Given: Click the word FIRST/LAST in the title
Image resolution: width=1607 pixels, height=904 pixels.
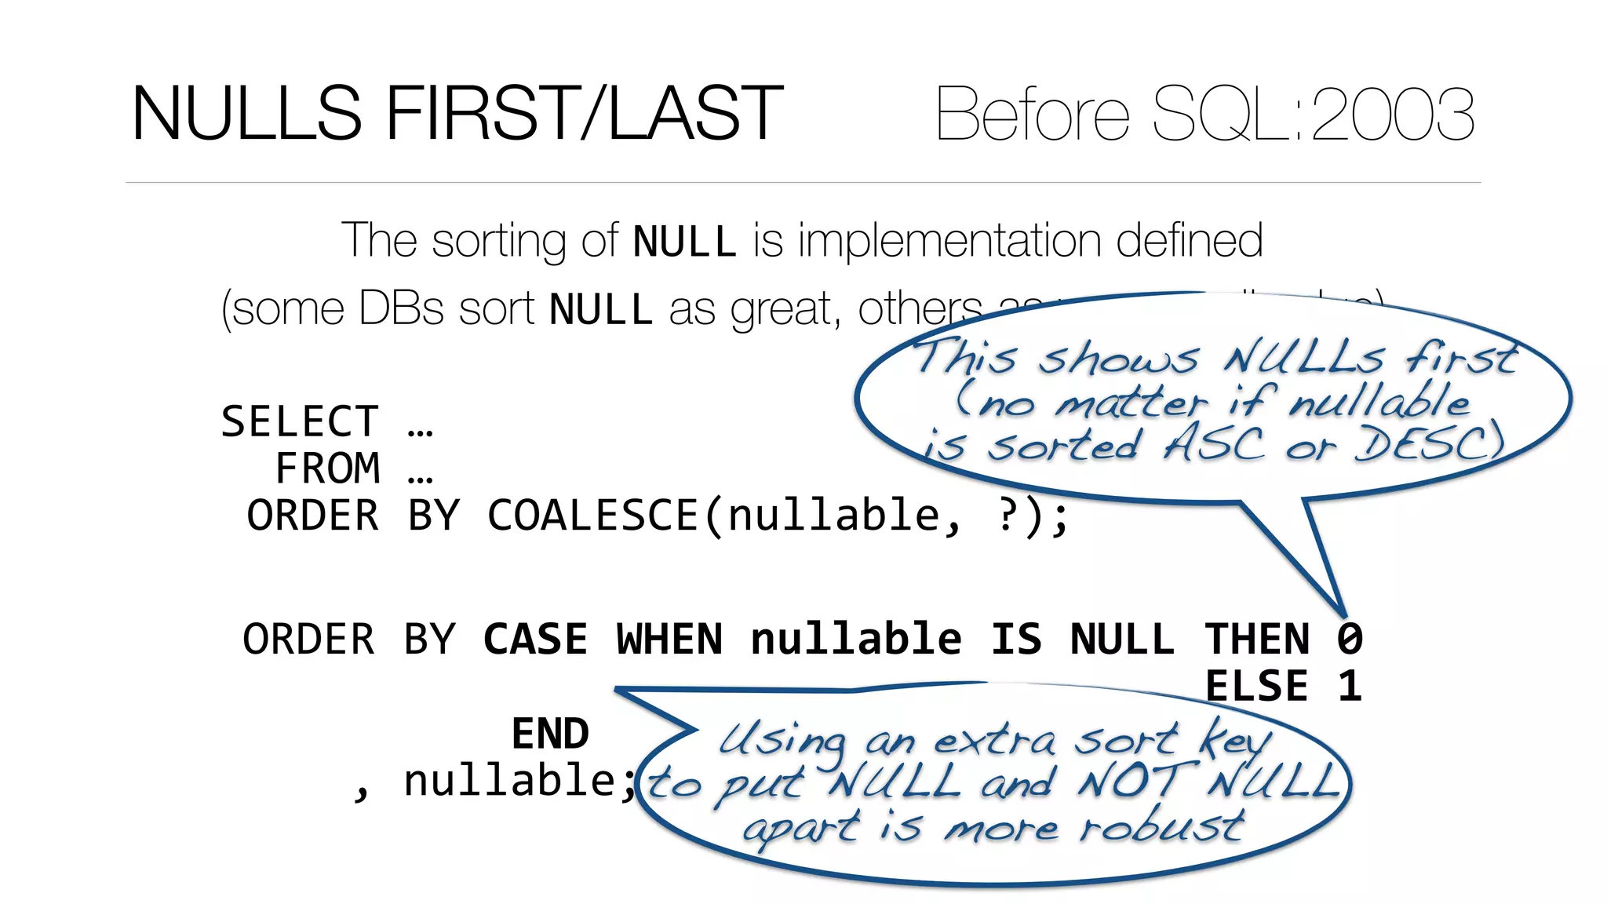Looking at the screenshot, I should pos(584,115).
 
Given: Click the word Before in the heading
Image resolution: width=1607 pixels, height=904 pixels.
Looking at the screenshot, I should pos(1032,115).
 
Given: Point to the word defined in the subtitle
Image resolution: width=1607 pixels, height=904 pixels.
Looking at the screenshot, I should pos(1189,240).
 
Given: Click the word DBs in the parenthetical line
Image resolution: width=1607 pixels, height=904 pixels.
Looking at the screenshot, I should pos(401,308).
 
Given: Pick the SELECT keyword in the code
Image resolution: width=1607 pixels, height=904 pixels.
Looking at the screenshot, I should pos(300,422).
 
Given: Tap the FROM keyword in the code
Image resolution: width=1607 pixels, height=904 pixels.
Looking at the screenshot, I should pos(328,469).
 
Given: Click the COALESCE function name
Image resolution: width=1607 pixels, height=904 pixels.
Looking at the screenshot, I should pos(593,516).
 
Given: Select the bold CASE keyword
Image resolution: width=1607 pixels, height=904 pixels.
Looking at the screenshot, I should pos(535,640).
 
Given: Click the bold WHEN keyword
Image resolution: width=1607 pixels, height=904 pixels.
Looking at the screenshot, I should pos(669,640).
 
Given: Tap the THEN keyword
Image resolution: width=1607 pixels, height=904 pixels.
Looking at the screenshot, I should pos(1257,640).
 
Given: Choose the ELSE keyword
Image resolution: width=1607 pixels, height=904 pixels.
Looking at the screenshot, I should pos(1257,687).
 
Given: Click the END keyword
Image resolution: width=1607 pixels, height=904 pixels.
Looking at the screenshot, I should pos(550,734).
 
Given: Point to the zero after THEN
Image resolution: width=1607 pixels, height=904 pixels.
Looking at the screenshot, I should pos(1350,640).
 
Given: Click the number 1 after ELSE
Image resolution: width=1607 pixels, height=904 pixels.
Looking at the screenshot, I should pos(1350,687).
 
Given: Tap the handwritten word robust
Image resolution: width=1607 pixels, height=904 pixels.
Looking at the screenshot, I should pos(1161,826).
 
